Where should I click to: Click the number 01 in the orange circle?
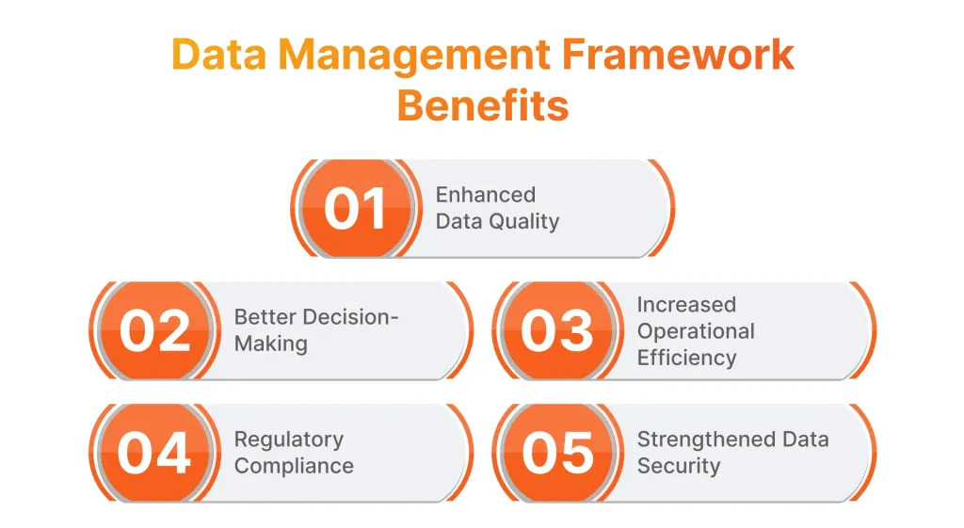(x=355, y=209)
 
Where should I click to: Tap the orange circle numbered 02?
(x=154, y=330)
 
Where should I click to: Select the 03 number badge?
(x=557, y=330)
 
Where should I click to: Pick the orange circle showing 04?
(x=154, y=453)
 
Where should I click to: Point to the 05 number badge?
(x=557, y=453)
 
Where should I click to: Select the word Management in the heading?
(x=414, y=56)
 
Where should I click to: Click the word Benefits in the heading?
(x=483, y=105)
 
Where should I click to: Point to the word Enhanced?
(x=486, y=195)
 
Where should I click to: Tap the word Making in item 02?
(x=271, y=344)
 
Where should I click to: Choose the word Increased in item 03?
(x=686, y=305)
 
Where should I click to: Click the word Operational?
(x=696, y=332)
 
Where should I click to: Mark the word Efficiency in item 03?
(x=686, y=358)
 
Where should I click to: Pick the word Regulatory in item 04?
(x=289, y=440)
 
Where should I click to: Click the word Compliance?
(x=294, y=467)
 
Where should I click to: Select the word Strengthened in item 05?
(x=703, y=440)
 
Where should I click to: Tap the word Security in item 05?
(x=679, y=467)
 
